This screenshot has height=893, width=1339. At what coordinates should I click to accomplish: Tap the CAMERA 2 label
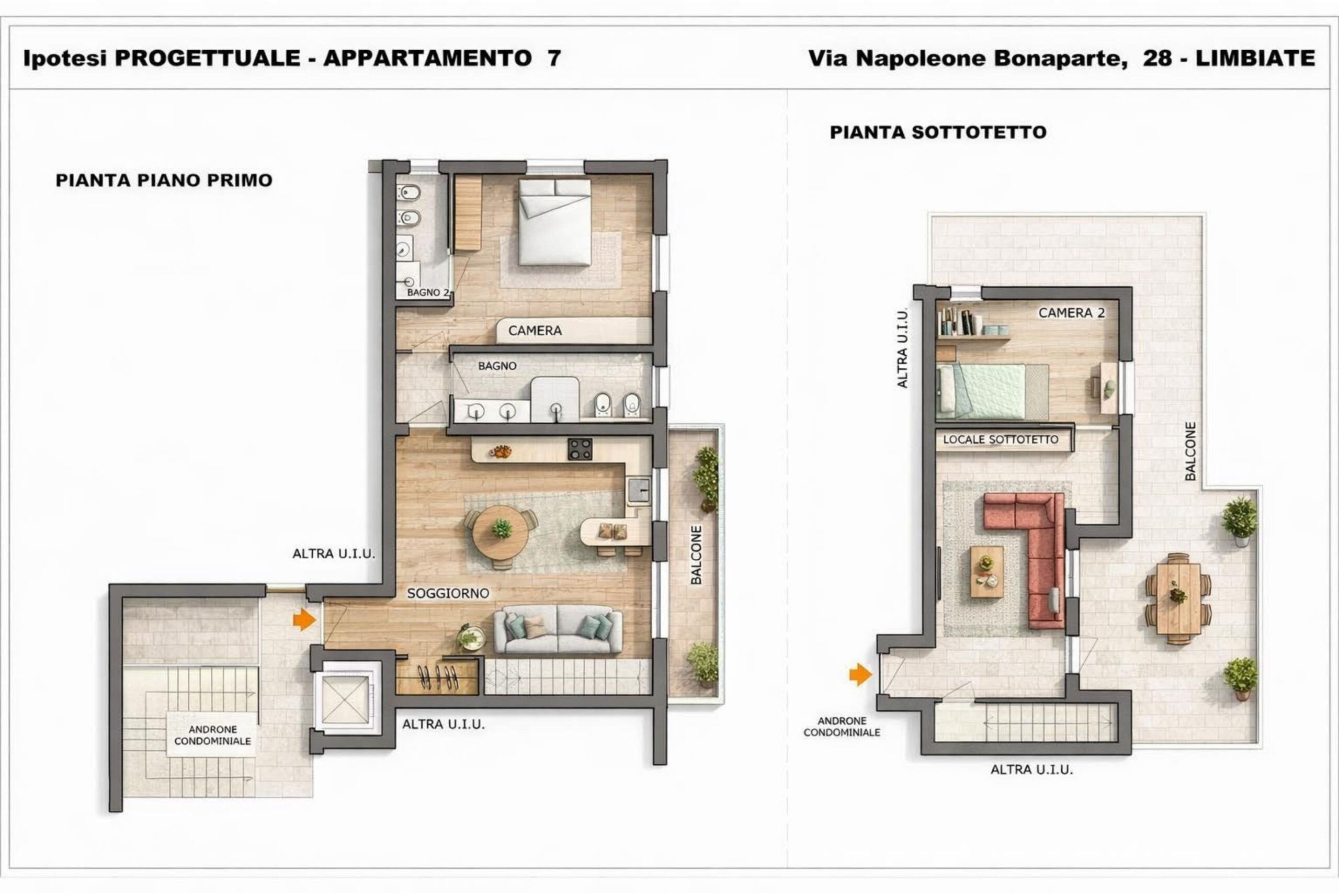[1071, 313]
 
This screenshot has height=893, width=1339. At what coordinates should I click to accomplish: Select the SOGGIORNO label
[448, 593]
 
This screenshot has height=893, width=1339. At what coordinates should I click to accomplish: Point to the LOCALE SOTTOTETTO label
[1000, 439]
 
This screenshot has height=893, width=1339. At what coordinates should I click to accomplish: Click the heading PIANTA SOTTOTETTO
[938, 132]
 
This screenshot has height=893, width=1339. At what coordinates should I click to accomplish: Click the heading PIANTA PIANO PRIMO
[164, 180]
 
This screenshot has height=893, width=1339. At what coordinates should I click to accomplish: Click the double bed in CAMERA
[554, 222]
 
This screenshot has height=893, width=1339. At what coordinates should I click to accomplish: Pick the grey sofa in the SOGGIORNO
[558, 629]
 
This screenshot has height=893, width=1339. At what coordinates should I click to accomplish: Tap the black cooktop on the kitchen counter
[580, 449]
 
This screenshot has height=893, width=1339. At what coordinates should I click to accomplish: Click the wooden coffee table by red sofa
[987, 572]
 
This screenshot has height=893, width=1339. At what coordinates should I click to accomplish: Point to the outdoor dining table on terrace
[1178, 598]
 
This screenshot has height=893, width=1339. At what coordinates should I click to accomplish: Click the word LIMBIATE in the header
[1255, 58]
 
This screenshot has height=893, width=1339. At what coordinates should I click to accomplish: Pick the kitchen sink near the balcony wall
[639, 489]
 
